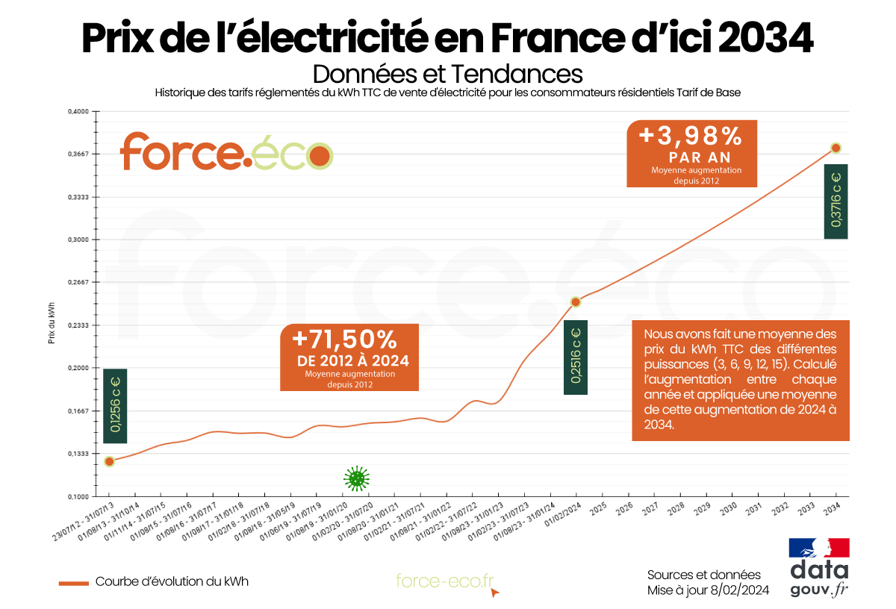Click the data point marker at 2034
click(836, 148)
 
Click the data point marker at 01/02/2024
click(576, 302)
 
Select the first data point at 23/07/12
click(110, 461)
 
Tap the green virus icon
click(357, 478)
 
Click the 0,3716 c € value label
click(836, 202)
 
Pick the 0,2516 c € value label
click(576, 357)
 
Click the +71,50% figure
click(344, 340)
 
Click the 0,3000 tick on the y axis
click(78, 240)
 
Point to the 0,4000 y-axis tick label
click(78, 111)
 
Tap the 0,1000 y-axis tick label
click(78, 496)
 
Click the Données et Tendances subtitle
click(447, 74)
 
